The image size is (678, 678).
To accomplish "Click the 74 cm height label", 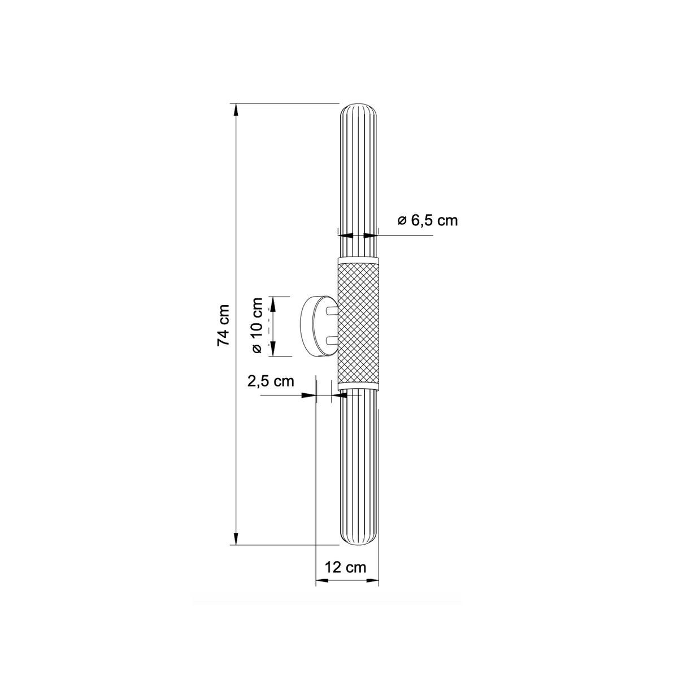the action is (x=223, y=325).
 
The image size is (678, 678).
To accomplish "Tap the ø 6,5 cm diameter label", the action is (x=428, y=220).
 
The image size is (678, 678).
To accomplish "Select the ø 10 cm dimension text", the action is (x=257, y=325).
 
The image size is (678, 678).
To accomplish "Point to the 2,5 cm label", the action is (x=271, y=381).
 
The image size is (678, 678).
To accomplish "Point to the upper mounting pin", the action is (x=332, y=311).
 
